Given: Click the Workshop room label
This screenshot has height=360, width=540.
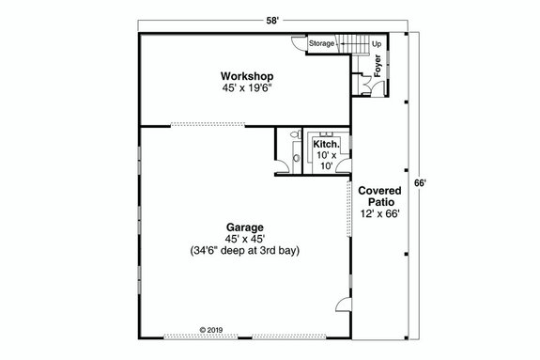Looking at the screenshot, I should (246, 75).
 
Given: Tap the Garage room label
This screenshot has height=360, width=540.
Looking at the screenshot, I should (243, 227).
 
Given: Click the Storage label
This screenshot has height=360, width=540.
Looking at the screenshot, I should (322, 43).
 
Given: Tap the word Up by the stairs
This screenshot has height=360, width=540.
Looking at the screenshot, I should (376, 43).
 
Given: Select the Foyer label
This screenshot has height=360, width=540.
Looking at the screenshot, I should (378, 68).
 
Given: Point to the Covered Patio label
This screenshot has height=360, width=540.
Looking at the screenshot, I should (379, 196).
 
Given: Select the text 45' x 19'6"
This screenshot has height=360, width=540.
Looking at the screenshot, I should (246, 88).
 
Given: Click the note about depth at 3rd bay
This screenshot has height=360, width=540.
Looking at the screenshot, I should (243, 252).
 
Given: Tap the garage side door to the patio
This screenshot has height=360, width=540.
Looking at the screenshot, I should (343, 305).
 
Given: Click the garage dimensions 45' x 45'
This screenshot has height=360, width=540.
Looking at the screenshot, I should (243, 240).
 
